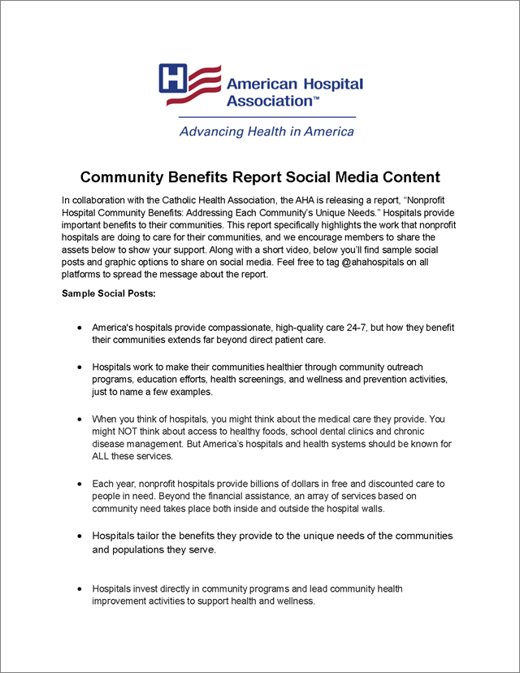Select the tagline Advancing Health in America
point(266,131)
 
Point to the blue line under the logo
point(266,117)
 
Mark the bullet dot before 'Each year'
point(78,484)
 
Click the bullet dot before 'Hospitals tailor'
point(78,536)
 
